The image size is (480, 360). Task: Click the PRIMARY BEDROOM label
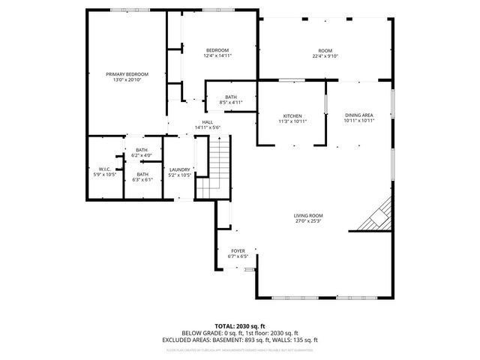[127, 74]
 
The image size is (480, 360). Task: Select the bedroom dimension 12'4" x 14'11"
[217, 55]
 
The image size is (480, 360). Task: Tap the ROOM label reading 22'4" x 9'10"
[325, 55]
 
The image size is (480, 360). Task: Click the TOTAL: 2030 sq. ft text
[240, 326]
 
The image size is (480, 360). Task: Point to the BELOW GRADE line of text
[240, 332]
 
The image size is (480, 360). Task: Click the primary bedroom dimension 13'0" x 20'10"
[127, 79]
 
